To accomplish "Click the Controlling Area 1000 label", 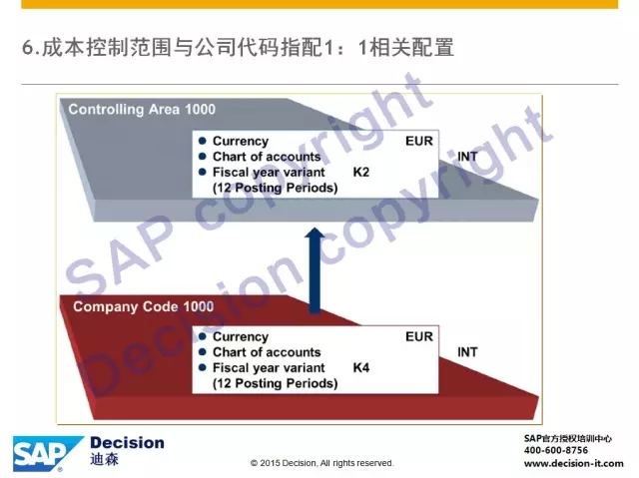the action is point(142,109).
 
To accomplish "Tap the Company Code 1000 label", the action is point(144,306).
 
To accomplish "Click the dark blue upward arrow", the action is point(315,270).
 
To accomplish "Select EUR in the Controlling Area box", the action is point(419,141).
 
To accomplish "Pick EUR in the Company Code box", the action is point(419,336).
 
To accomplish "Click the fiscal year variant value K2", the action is point(361,173).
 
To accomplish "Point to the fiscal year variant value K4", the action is point(361,368).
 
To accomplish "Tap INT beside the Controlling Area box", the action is point(467,157).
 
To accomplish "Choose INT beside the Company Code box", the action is point(467,352).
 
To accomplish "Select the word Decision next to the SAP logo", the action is point(127,443).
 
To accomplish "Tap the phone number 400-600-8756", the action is point(556,450).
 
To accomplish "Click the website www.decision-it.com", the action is point(574,463).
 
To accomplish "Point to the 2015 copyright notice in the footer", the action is point(321,463).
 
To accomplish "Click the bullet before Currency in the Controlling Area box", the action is point(202,141).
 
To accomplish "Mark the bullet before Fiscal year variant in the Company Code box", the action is point(202,367).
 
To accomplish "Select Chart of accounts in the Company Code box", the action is point(267,352).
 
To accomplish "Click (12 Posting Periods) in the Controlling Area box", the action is point(276,188).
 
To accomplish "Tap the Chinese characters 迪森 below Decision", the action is point(104,459).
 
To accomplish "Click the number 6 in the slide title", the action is point(27,47).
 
